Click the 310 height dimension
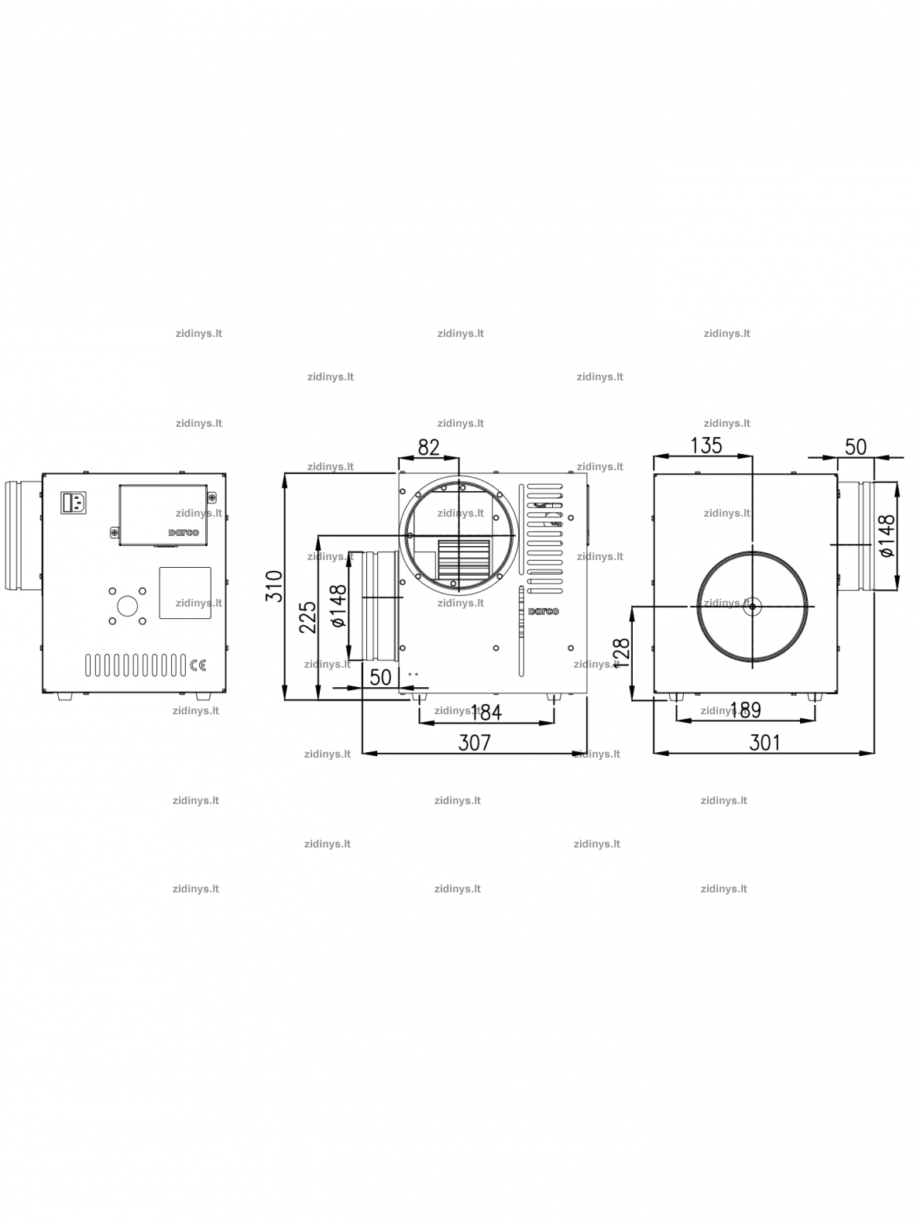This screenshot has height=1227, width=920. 273,586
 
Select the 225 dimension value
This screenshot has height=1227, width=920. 307,617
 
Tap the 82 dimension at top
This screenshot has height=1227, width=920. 428,447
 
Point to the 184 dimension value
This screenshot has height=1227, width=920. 486,713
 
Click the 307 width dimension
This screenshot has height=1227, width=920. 474,743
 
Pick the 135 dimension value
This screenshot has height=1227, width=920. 706,445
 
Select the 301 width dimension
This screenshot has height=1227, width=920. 764,743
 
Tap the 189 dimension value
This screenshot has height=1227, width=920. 746,710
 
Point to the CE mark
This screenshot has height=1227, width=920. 197,665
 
